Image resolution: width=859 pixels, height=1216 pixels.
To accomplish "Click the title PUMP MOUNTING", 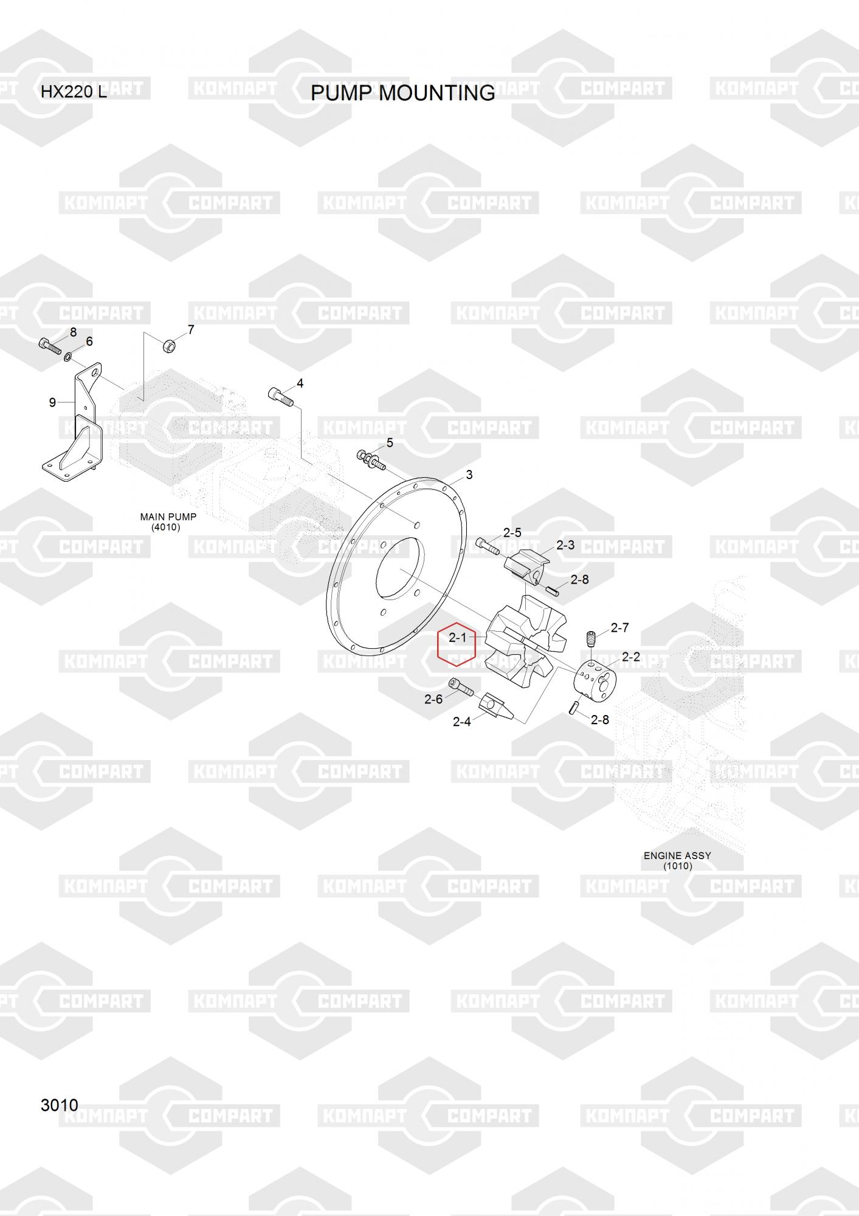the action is [402, 93].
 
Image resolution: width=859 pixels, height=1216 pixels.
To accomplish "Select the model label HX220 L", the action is [74, 92].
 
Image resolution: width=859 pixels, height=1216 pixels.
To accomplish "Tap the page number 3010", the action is [59, 1105].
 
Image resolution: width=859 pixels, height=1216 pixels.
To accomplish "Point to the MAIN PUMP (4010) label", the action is [168, 522].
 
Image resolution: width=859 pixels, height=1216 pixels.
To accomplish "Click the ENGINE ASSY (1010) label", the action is [677, 860].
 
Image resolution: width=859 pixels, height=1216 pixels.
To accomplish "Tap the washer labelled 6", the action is [67, 354].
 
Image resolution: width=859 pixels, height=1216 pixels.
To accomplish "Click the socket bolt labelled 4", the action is [280, 397].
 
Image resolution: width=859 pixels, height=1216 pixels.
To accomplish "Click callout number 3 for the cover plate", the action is [469, 474].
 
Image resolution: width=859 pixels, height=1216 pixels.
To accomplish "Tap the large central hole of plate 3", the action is [398, 569].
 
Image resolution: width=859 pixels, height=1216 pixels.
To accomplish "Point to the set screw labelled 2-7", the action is [590, 640].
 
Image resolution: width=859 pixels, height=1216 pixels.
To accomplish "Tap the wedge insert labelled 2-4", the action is [495, 707].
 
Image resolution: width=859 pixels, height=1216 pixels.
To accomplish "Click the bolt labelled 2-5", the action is [488, 547].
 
